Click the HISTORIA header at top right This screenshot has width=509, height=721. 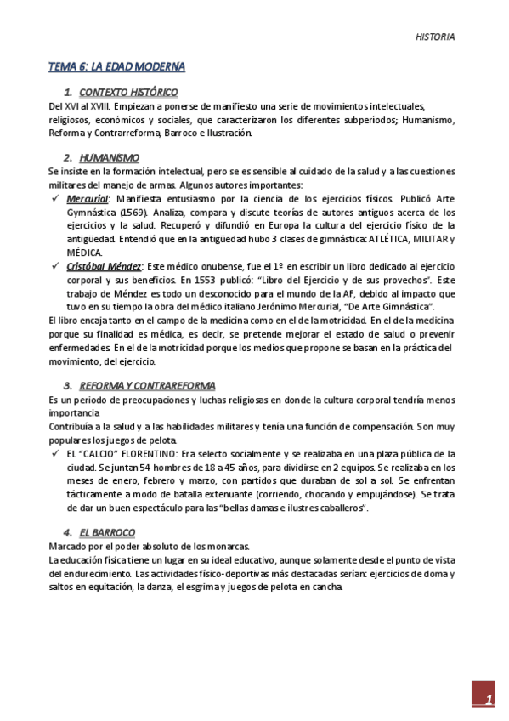(x=435, y=37)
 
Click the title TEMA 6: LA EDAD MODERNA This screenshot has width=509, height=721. (x=116, y=66)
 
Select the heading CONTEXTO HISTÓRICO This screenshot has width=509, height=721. (x=128, y=91)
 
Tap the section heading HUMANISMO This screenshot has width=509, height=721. (x=110, y=157)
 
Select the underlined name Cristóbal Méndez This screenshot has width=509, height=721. (x=103, y=266)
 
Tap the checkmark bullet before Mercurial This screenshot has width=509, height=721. (x=55, y=198)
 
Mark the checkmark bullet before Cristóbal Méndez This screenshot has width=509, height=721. (x=55, y=266)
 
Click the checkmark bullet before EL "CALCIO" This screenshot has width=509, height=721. (x=55, y=453)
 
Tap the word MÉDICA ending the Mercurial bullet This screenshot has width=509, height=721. (x=85, y=253)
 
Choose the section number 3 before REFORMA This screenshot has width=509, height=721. (x=68, y=385)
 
